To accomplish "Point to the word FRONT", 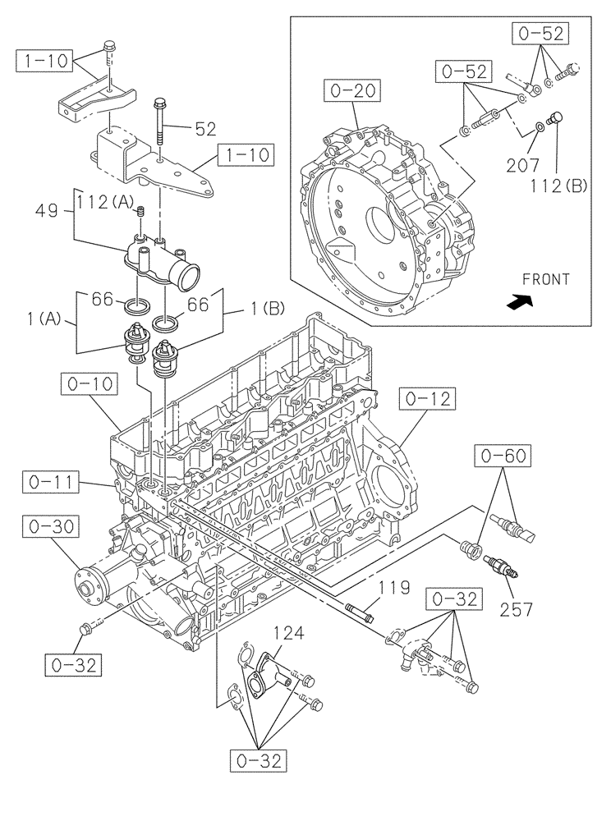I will pyautogui.click(x=545, y=279).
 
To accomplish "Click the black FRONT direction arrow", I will pyautogui.click(x=519, y=302).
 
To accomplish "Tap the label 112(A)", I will pyautogui.click(x=103, y=200).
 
